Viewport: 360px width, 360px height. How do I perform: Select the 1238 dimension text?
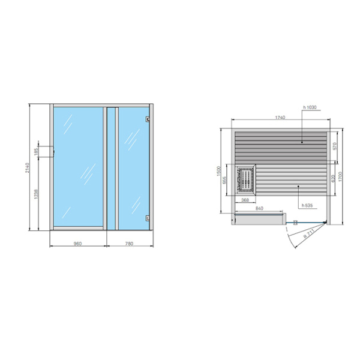click(37, 194)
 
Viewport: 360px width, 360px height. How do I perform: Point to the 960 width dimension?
click(77, 244)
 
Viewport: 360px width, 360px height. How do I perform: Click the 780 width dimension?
click(130, 244)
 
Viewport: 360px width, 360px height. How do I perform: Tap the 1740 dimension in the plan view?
click(280, 118)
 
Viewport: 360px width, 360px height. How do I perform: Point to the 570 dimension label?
click(335, 145)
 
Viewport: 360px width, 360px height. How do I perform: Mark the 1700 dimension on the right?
click(341, 177)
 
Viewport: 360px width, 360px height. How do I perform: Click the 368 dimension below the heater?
click(245, 200)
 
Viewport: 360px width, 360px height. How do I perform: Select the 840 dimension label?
click(259, 208)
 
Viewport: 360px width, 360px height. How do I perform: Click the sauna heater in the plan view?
click(246, 178)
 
